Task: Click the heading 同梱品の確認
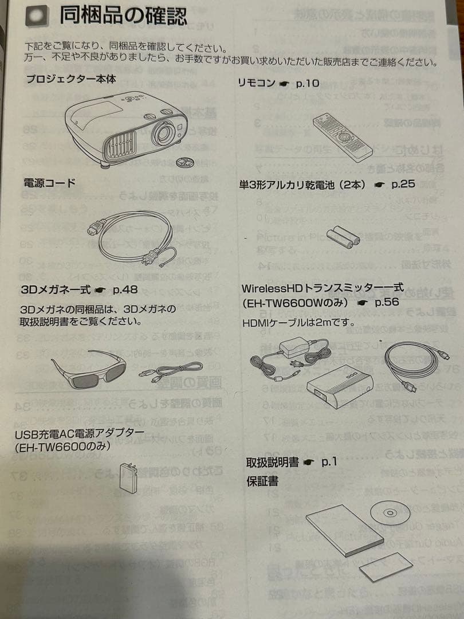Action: (123, 15)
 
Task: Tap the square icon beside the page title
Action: (38, 16)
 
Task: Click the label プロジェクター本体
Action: (70, 79)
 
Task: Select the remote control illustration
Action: (342, 135)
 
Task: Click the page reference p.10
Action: (307, 83)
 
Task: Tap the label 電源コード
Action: (49, 183)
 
